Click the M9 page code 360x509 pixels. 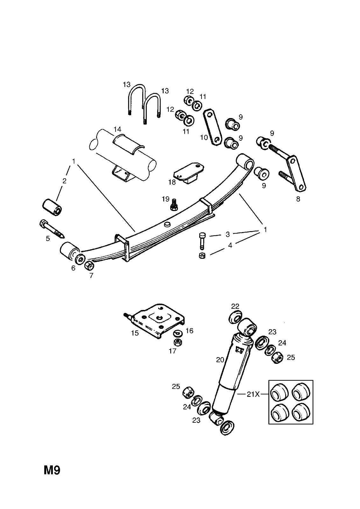point(52,470)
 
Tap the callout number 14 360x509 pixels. point(117,129)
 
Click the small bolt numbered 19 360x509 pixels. point(174,204)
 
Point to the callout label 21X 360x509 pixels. point(253,394)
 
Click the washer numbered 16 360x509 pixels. point(177,333)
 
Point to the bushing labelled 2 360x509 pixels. point(52,207)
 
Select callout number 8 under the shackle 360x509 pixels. point(298,200)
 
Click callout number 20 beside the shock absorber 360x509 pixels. point(220,360)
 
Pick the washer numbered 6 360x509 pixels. point(80,257)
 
